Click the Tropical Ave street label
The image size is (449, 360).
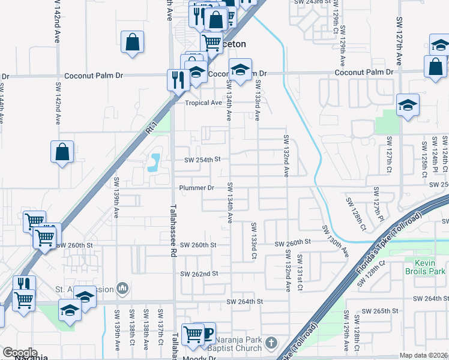203,103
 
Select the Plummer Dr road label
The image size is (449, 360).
197,188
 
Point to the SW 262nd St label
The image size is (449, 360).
199,274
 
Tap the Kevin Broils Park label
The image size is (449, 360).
431,268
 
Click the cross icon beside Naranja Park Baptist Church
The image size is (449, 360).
271,343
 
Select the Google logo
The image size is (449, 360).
20,353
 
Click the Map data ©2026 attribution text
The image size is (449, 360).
424,355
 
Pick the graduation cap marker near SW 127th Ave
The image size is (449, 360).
408,106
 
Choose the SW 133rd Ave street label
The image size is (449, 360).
257,100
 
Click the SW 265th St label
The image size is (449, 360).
382,312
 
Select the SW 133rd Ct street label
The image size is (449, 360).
254,241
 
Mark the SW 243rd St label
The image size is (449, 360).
313,2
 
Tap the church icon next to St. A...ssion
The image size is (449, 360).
123,289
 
